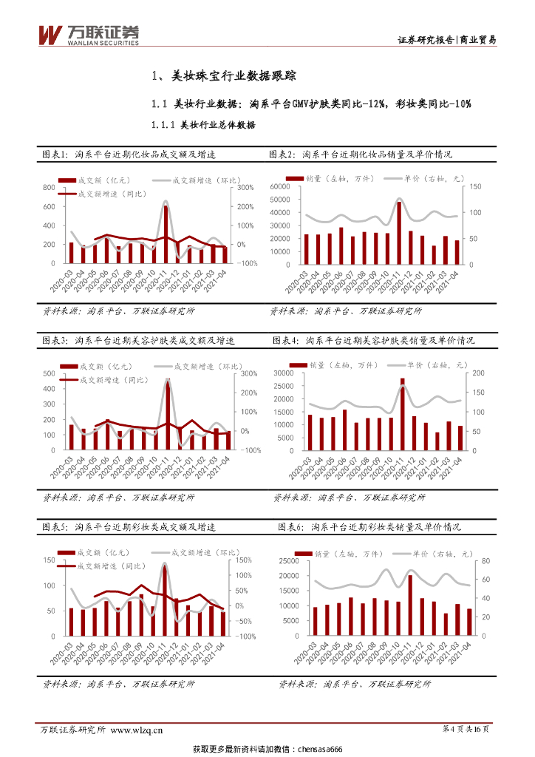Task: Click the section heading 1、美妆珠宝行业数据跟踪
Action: tap(223, 75)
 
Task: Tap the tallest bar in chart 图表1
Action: tap(166, 234)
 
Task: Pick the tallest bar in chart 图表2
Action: tap(399, 232)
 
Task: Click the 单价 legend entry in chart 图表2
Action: tap(426, 178)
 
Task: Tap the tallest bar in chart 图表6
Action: tap(410, 605)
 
